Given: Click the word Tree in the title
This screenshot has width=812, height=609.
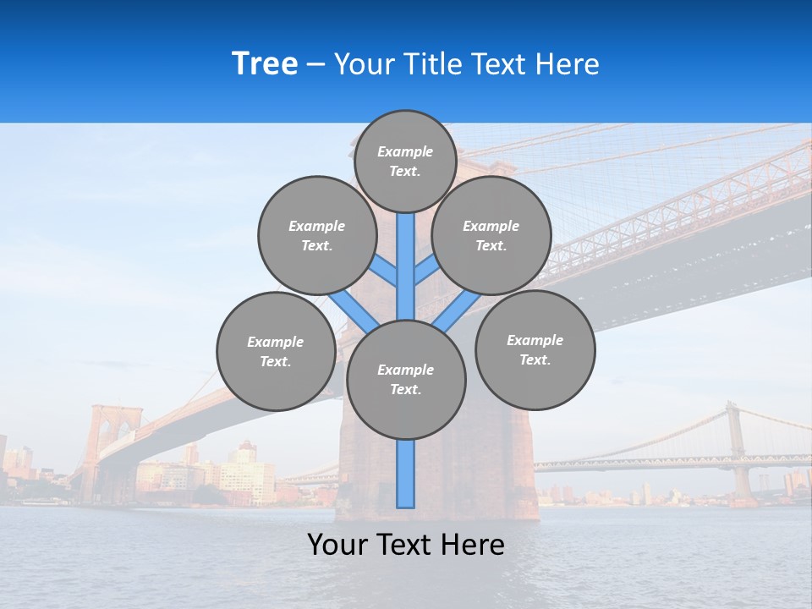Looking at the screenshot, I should point(265,64).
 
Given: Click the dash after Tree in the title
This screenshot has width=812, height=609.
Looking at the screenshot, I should point(315,65).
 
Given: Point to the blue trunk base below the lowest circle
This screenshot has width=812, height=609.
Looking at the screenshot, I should point(406,474).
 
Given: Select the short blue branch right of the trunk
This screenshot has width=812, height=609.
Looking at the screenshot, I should point(425,272).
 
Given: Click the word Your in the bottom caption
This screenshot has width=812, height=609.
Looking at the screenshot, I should point(339,545).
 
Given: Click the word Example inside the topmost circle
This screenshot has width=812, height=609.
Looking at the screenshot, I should point(405,151).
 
